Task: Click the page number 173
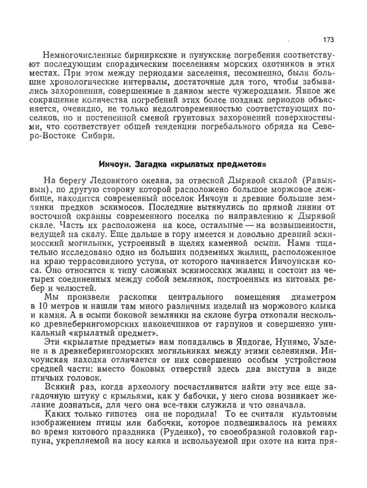328,40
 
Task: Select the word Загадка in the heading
148,165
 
